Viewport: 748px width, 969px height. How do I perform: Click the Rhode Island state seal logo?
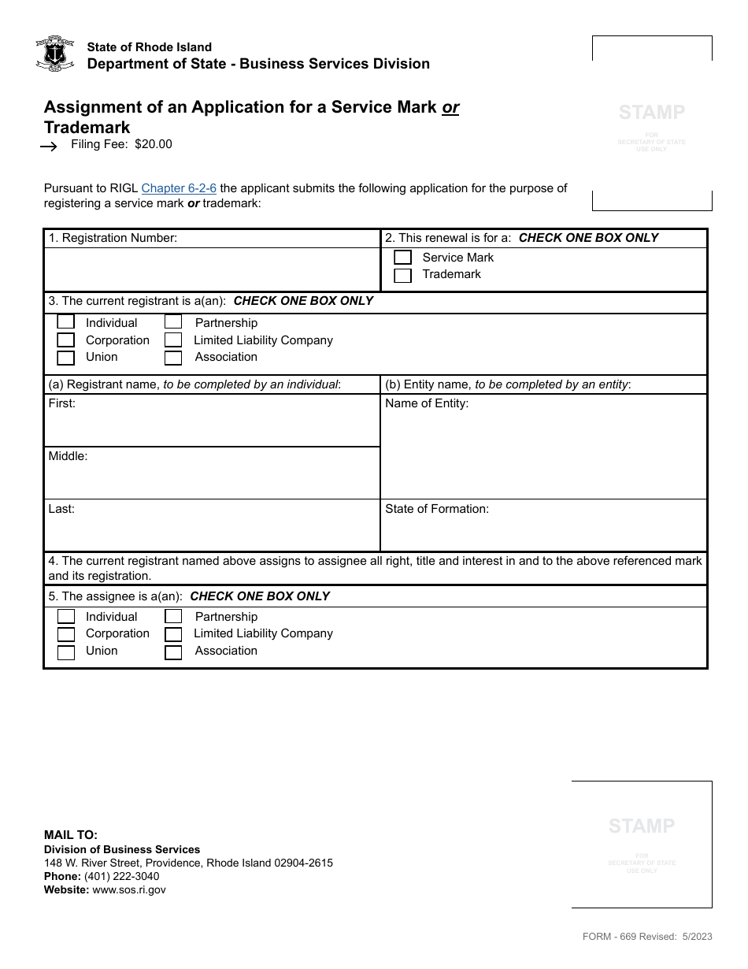click(55, 54)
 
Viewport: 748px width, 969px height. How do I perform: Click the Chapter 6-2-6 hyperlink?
click(179, 188)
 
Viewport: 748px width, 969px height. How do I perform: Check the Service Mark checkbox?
click(402, 258)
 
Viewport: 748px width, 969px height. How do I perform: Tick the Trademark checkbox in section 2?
click(402, 275)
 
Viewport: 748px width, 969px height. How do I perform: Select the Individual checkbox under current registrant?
click(66, 323)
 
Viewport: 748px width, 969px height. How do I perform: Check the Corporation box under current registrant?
click(66, 340)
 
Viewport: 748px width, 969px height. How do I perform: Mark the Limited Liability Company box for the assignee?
click(173, 634)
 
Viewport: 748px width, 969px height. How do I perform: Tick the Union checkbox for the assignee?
click(66, 652)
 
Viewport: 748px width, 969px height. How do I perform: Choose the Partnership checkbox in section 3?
click(173, 323)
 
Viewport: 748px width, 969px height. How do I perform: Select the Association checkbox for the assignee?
click(173, 652)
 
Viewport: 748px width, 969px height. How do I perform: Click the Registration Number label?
click(113, 238)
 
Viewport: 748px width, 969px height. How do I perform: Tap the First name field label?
click(62, 403)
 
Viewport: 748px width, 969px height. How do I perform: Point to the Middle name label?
click(68, 456)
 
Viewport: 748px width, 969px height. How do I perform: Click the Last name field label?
click(61, 509)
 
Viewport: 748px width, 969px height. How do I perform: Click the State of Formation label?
click(437, 509)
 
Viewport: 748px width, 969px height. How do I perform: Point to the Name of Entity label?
click(427, 403)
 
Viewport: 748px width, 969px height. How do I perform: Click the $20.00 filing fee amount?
click(154, 144)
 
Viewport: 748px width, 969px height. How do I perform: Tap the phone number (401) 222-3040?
click(121, 876)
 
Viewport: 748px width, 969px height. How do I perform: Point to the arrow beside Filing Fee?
click(49, 146)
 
